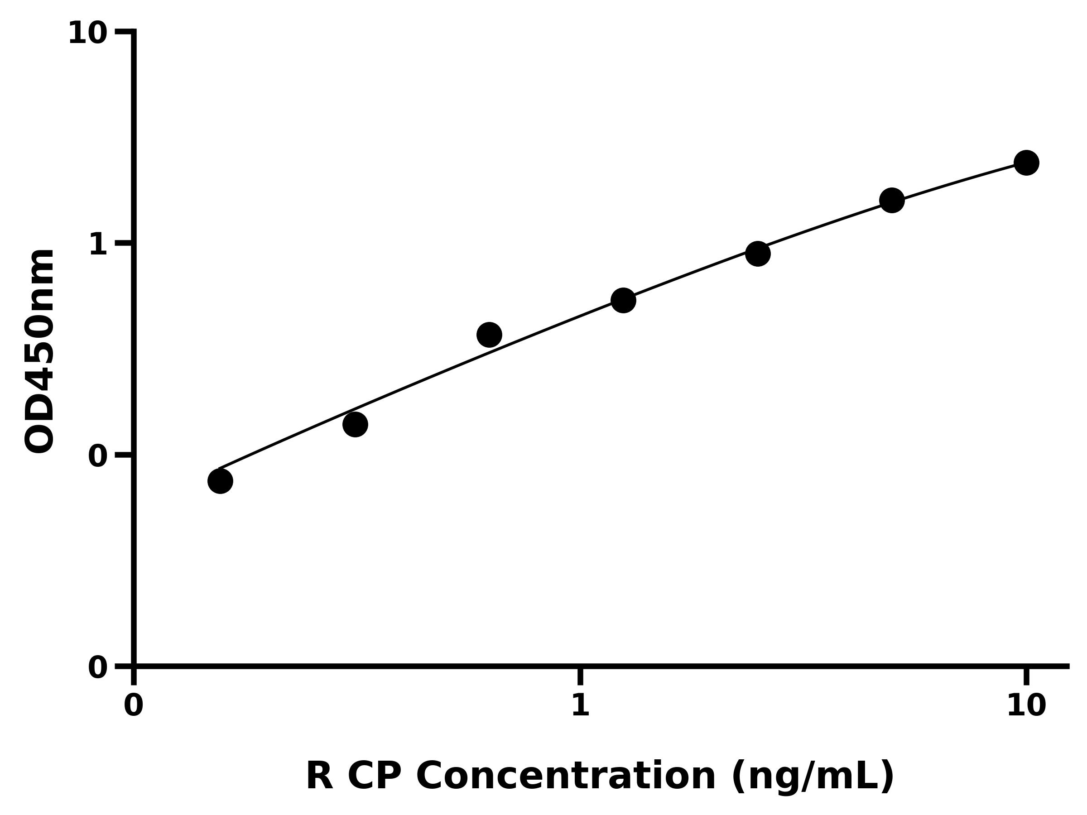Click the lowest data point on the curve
coord(220,481)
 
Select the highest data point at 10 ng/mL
coord(1027,163)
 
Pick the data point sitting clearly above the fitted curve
coord(489,335)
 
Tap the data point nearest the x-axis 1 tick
coord(623,300)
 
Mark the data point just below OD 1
coord(758,254)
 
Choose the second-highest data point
coord(892,201)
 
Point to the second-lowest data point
coord(355,424)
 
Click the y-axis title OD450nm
coord(39,351)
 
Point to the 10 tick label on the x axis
coord(1026,706)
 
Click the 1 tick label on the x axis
coord(580,706)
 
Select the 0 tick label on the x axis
coord(133,706)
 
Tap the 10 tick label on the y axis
coord(87,34)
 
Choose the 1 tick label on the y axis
coord(98,244)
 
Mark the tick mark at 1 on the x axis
coord(580,676)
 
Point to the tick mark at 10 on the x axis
coord(1026,676)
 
